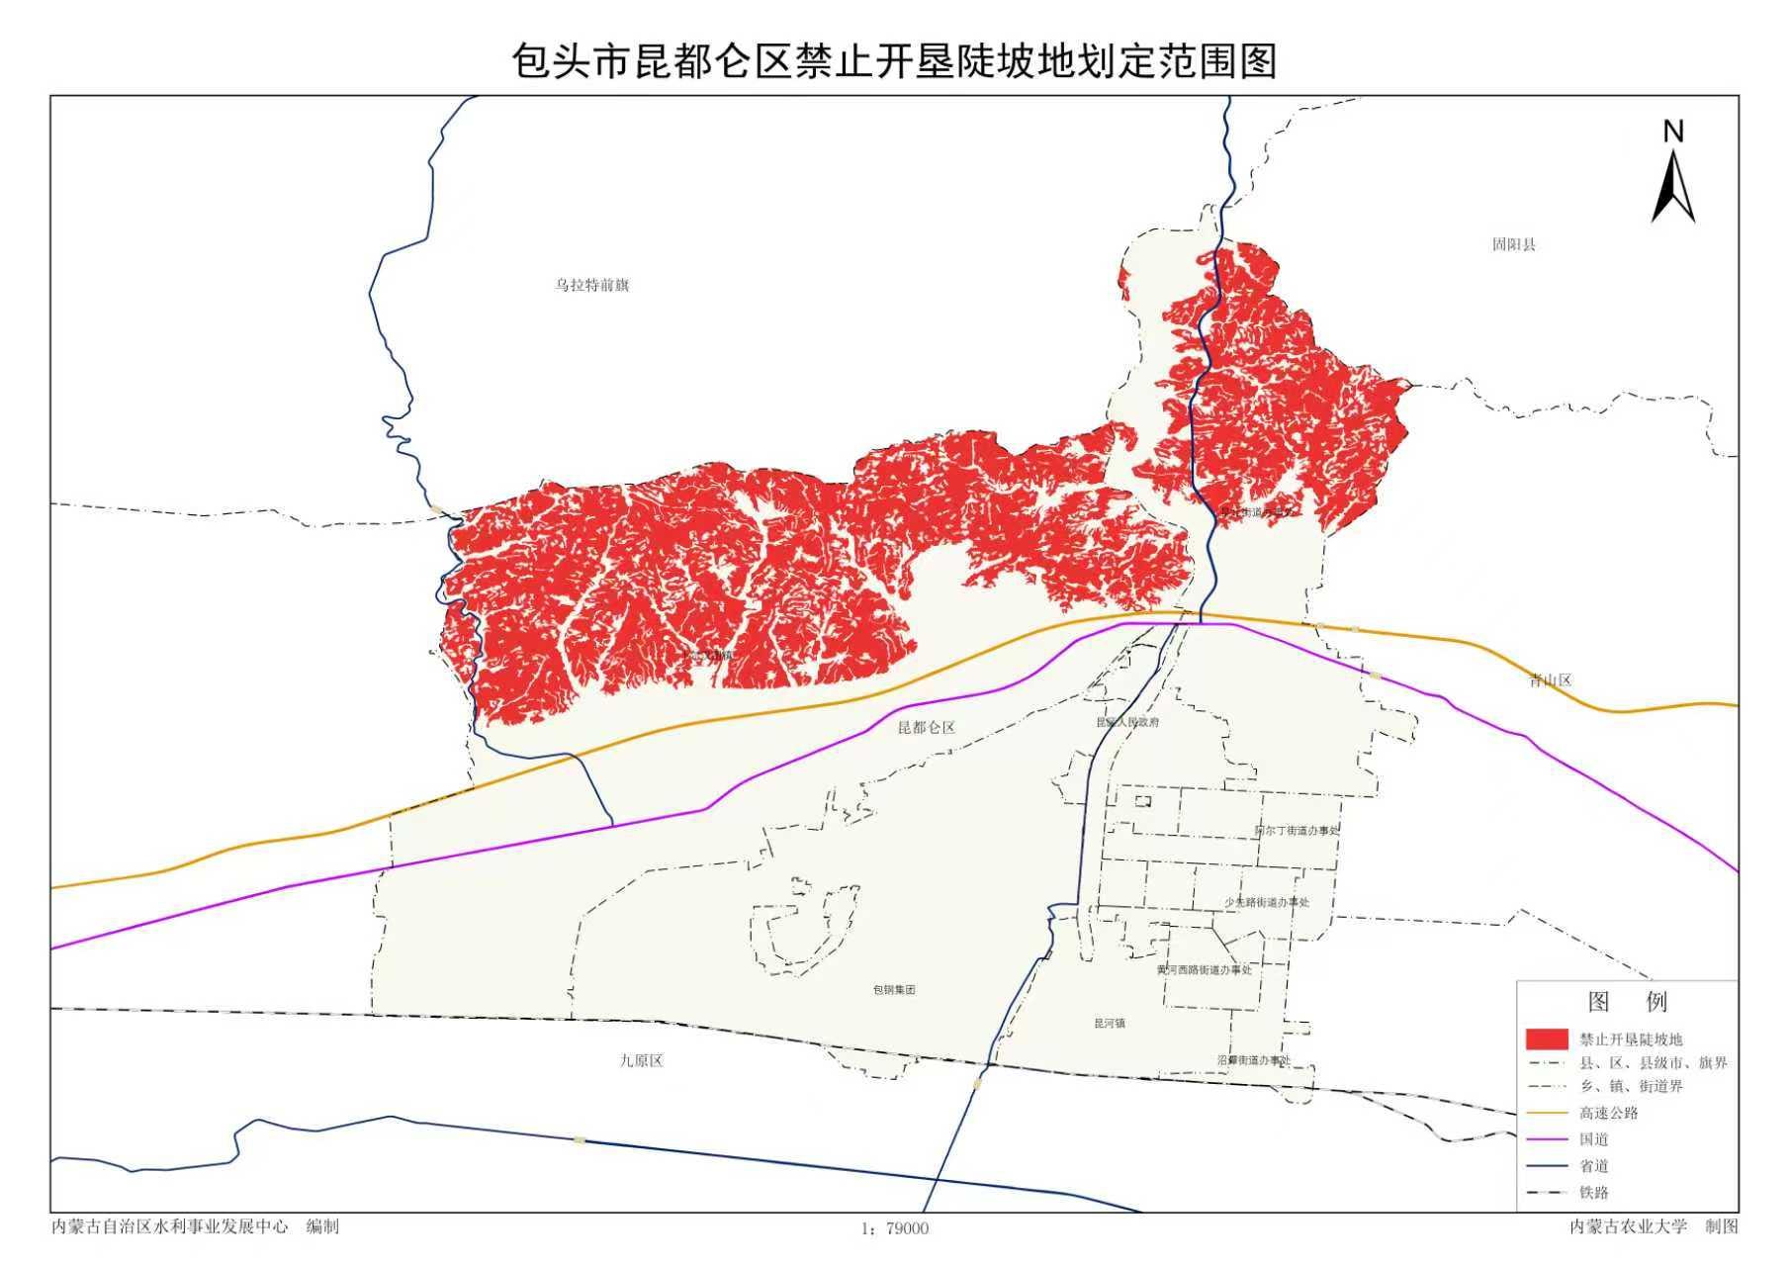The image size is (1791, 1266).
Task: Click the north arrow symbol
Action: [1673, 178]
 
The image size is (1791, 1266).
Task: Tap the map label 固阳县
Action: [1514, 244]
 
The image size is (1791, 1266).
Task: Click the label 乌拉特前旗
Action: [591, 285]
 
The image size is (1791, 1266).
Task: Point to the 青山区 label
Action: [1550, 680]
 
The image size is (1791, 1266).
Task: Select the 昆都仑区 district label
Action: [926, 728]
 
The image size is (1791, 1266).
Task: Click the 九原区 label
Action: [641, 1060]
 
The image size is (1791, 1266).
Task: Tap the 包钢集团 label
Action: [893, 989]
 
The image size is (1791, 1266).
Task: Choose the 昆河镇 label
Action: [1109, 1024]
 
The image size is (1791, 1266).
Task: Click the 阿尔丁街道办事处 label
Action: [1296, 831]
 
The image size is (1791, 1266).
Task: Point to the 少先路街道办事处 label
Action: [1266, 902]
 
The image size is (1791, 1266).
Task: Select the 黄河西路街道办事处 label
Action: [1204, 970]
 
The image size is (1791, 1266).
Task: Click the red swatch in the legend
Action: [1547, 1040]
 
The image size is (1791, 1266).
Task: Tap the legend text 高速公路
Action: [1609, 1113]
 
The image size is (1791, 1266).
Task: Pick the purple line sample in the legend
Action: [1547, 1139]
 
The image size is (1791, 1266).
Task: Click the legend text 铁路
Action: [1594, 1193]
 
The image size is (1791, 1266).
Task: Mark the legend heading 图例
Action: [1627, 1002]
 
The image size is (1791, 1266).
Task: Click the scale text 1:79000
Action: [895, 1228]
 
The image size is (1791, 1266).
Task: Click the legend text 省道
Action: [1594, 1166]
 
